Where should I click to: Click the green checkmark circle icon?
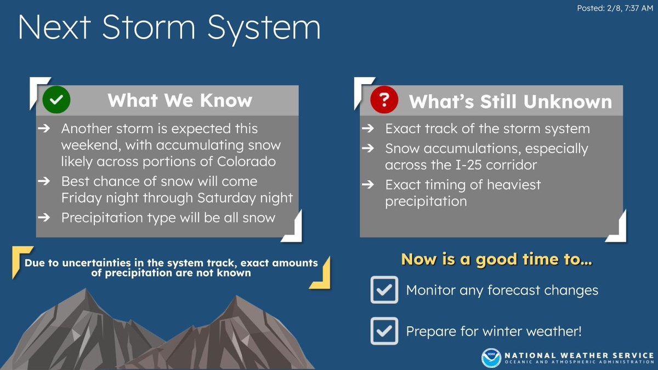point(56,100)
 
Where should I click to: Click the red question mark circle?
point(384,100)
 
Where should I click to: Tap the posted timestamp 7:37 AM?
point(639,8)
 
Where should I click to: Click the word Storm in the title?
point(149,27)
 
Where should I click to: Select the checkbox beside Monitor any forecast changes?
point(384,290)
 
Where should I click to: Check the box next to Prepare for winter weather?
point(384,331)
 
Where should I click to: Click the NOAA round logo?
point(491,358)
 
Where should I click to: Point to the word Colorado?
point(246,162)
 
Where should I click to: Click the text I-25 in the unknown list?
point(468,165)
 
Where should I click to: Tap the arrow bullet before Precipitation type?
point(44,218)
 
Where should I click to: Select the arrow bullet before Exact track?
point(368,128)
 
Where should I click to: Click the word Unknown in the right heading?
point(568,101)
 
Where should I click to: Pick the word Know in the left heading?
point(226,100)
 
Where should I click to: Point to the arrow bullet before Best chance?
point(44,181)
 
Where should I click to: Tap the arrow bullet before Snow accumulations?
point(368,148)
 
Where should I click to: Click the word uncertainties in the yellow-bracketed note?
point(97,263)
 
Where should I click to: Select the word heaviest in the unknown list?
point(514,185)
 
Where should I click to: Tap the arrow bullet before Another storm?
point(44,128)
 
